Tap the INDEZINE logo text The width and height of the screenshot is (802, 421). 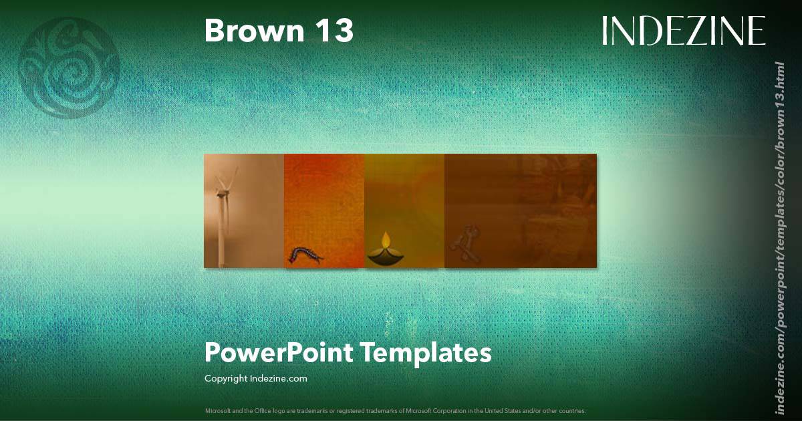pyautogui.click(x=684, y=31)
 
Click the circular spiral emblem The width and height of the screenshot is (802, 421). pyautogui.click(x=69, y=67)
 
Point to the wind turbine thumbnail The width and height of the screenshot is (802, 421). pyautogui.click(x=244, y=210)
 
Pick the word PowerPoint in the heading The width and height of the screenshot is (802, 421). pyautogui.click(x=277, y=352)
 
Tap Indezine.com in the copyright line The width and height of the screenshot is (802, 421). pyautogui.click(x=279, y=379)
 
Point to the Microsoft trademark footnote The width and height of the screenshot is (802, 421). pyautogui.click(x=395, y=410)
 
